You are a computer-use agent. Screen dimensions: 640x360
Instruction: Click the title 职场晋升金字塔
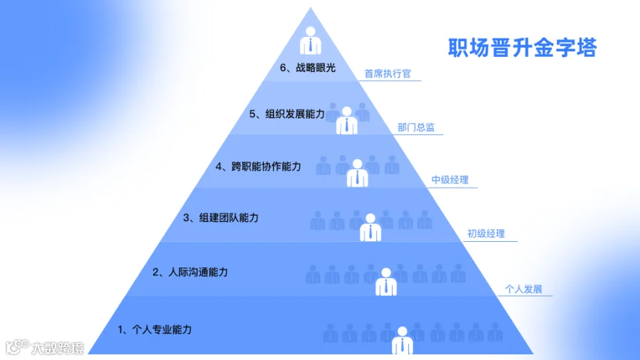click(523, 48)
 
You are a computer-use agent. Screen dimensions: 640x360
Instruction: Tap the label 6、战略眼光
click(308, 68)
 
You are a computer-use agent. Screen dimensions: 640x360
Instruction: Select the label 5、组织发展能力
click(287, 114)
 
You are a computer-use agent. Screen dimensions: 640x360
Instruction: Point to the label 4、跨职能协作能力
click(258, 166)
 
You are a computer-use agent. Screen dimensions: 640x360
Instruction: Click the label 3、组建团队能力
click(221, 218)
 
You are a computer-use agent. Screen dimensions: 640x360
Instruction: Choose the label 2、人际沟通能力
click(190, 272)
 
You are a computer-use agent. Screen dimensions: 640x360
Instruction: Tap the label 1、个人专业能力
click(155, 330)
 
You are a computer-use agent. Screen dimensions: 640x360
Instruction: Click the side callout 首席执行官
click(388, 73)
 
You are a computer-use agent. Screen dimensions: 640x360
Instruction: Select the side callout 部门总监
click(416, 127)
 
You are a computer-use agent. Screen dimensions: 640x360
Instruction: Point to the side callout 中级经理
click(450, 180)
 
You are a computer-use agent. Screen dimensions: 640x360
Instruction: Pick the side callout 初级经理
click(486, 234)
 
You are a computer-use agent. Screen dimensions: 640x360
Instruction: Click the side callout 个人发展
click(523, 290)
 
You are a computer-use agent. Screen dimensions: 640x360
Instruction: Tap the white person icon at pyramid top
click(311, 41)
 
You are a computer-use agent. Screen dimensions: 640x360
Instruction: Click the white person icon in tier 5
click(346, 120)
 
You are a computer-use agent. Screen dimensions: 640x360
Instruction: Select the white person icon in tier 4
click(357, 173)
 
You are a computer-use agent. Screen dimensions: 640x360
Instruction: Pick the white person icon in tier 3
click(370, 228)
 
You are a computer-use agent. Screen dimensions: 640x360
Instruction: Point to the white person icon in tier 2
click(385, 282)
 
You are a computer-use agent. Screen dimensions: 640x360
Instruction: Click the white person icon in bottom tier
click(402, 340)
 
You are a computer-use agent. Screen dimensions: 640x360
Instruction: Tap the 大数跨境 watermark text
click(58, 348)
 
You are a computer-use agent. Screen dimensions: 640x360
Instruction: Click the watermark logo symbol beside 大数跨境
click(17, 347)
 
